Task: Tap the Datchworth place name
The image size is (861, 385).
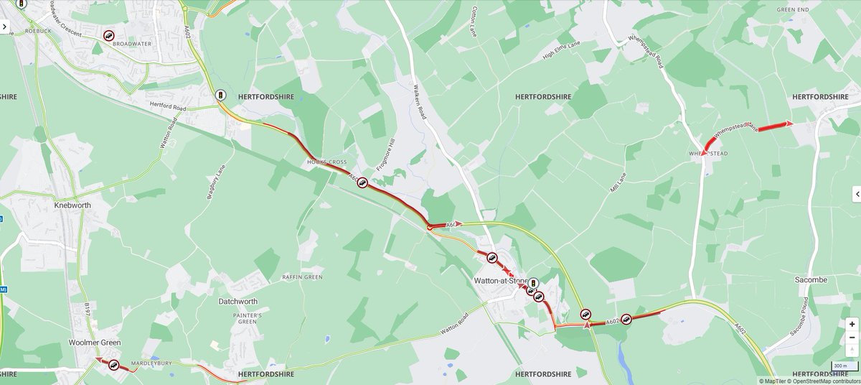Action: [238, 302]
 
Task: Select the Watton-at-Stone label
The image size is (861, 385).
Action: [501, 281]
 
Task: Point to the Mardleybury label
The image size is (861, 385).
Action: [151, 363]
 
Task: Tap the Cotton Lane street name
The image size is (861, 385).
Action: [474, 22]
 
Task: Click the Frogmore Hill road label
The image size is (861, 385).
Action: [390, 152]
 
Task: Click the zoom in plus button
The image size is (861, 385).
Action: [852, 324]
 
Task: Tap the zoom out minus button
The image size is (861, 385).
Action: [852, 338]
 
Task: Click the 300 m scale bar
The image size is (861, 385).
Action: [839, 366]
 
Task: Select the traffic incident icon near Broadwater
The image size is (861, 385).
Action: [108, 35]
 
